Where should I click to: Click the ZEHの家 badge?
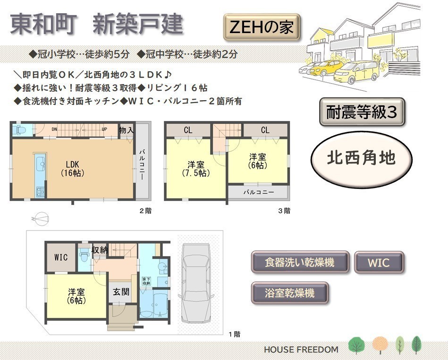click(262, 27)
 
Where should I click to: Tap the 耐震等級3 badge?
click(362, 112)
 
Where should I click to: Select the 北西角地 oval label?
click(362, 159)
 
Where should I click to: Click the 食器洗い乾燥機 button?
click(300, 262)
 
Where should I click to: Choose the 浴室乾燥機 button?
click(290, 293)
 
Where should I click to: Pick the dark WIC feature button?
click(379, 262)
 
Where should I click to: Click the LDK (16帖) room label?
click(73, 169)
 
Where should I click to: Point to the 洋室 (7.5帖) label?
click(196, 169)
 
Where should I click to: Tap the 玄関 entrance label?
click(121, 292)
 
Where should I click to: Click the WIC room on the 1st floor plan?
click(61, 257)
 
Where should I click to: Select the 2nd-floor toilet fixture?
click(19, 130)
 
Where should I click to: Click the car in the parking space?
click(196, 283)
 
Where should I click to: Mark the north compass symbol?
click(40, 219)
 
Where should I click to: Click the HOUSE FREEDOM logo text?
click(301, 350)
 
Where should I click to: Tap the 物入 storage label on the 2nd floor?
click(126, 130)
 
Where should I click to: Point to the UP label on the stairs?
click(104, 129)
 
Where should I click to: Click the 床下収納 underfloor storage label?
click(146, 281)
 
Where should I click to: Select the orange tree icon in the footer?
click(380, 345)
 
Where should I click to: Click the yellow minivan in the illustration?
click(356, 72)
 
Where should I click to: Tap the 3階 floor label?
click(284, 211)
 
